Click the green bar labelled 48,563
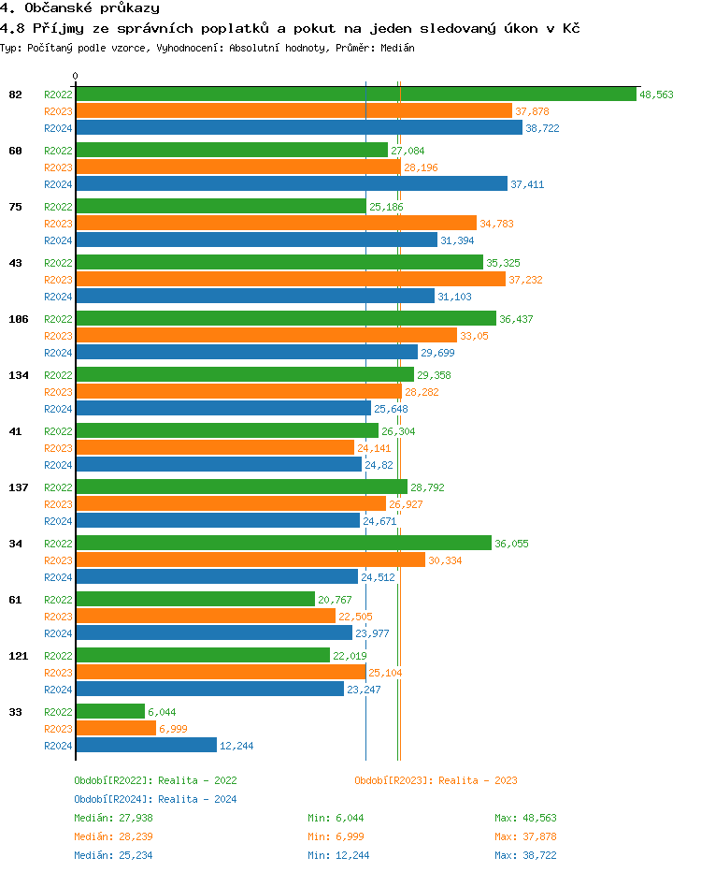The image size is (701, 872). tap(355, 94)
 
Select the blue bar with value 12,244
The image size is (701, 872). tap(146, 746)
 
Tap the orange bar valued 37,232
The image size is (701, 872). tap(290, 280)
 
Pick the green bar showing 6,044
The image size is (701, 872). tap(110, 712)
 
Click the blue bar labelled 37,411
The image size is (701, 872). tap(292, 184)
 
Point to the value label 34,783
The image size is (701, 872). tap(496, 224)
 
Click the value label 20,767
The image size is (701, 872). tap(335, 600)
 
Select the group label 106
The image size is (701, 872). tap(18, 319)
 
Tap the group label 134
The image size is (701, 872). tap(18, 375)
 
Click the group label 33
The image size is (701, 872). tap(15, 712)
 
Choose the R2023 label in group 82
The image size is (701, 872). tap(58, 111)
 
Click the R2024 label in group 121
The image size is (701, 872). tap(58, 690)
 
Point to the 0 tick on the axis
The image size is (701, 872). tap(76, 77)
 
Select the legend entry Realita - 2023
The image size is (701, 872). tap(436, 780)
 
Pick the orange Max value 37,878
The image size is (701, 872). tap(525, 836)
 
